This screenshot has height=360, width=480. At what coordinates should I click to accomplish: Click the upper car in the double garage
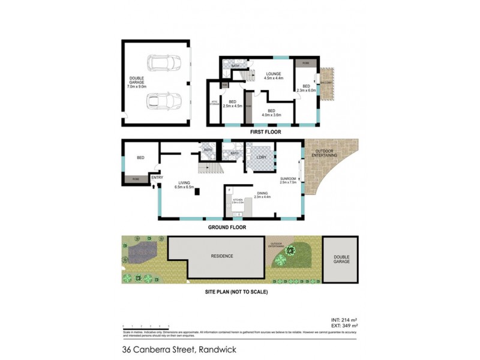(x=160, y=63)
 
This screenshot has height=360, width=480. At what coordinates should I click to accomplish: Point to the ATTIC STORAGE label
(x=214, y=104)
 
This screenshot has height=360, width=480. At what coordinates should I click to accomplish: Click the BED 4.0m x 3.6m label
(x=271, y=112)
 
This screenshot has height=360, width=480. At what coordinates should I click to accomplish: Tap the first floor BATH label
(x=227, y=66)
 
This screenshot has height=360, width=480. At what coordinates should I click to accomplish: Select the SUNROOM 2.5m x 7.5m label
(x=288, y=180)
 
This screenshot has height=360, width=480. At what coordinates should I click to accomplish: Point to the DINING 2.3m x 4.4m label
(x=263, y=194)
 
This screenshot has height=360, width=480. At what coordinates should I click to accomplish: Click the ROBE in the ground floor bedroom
(x=136, y=178)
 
